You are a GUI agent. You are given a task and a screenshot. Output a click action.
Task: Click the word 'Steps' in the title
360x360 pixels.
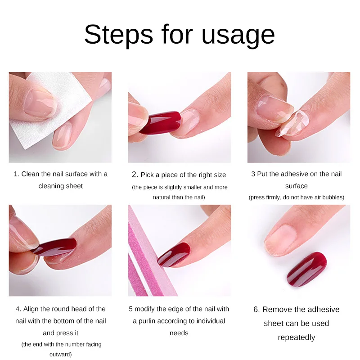point(115,34)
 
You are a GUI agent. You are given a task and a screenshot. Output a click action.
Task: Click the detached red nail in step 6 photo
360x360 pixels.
point(306,269)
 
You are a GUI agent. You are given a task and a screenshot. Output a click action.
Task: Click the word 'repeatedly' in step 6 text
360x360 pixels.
point(296,337)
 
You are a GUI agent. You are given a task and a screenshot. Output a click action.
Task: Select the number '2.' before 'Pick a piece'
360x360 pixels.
point(135,175)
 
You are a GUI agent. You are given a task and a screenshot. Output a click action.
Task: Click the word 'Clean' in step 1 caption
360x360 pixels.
point(31,174)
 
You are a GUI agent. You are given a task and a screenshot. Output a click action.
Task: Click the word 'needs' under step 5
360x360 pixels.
point(179,333)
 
